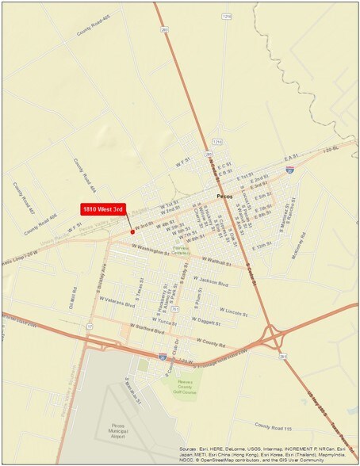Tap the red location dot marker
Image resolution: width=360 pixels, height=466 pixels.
click(x=132, y=232)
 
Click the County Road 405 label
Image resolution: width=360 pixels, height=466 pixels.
click(x=92, y=29)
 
